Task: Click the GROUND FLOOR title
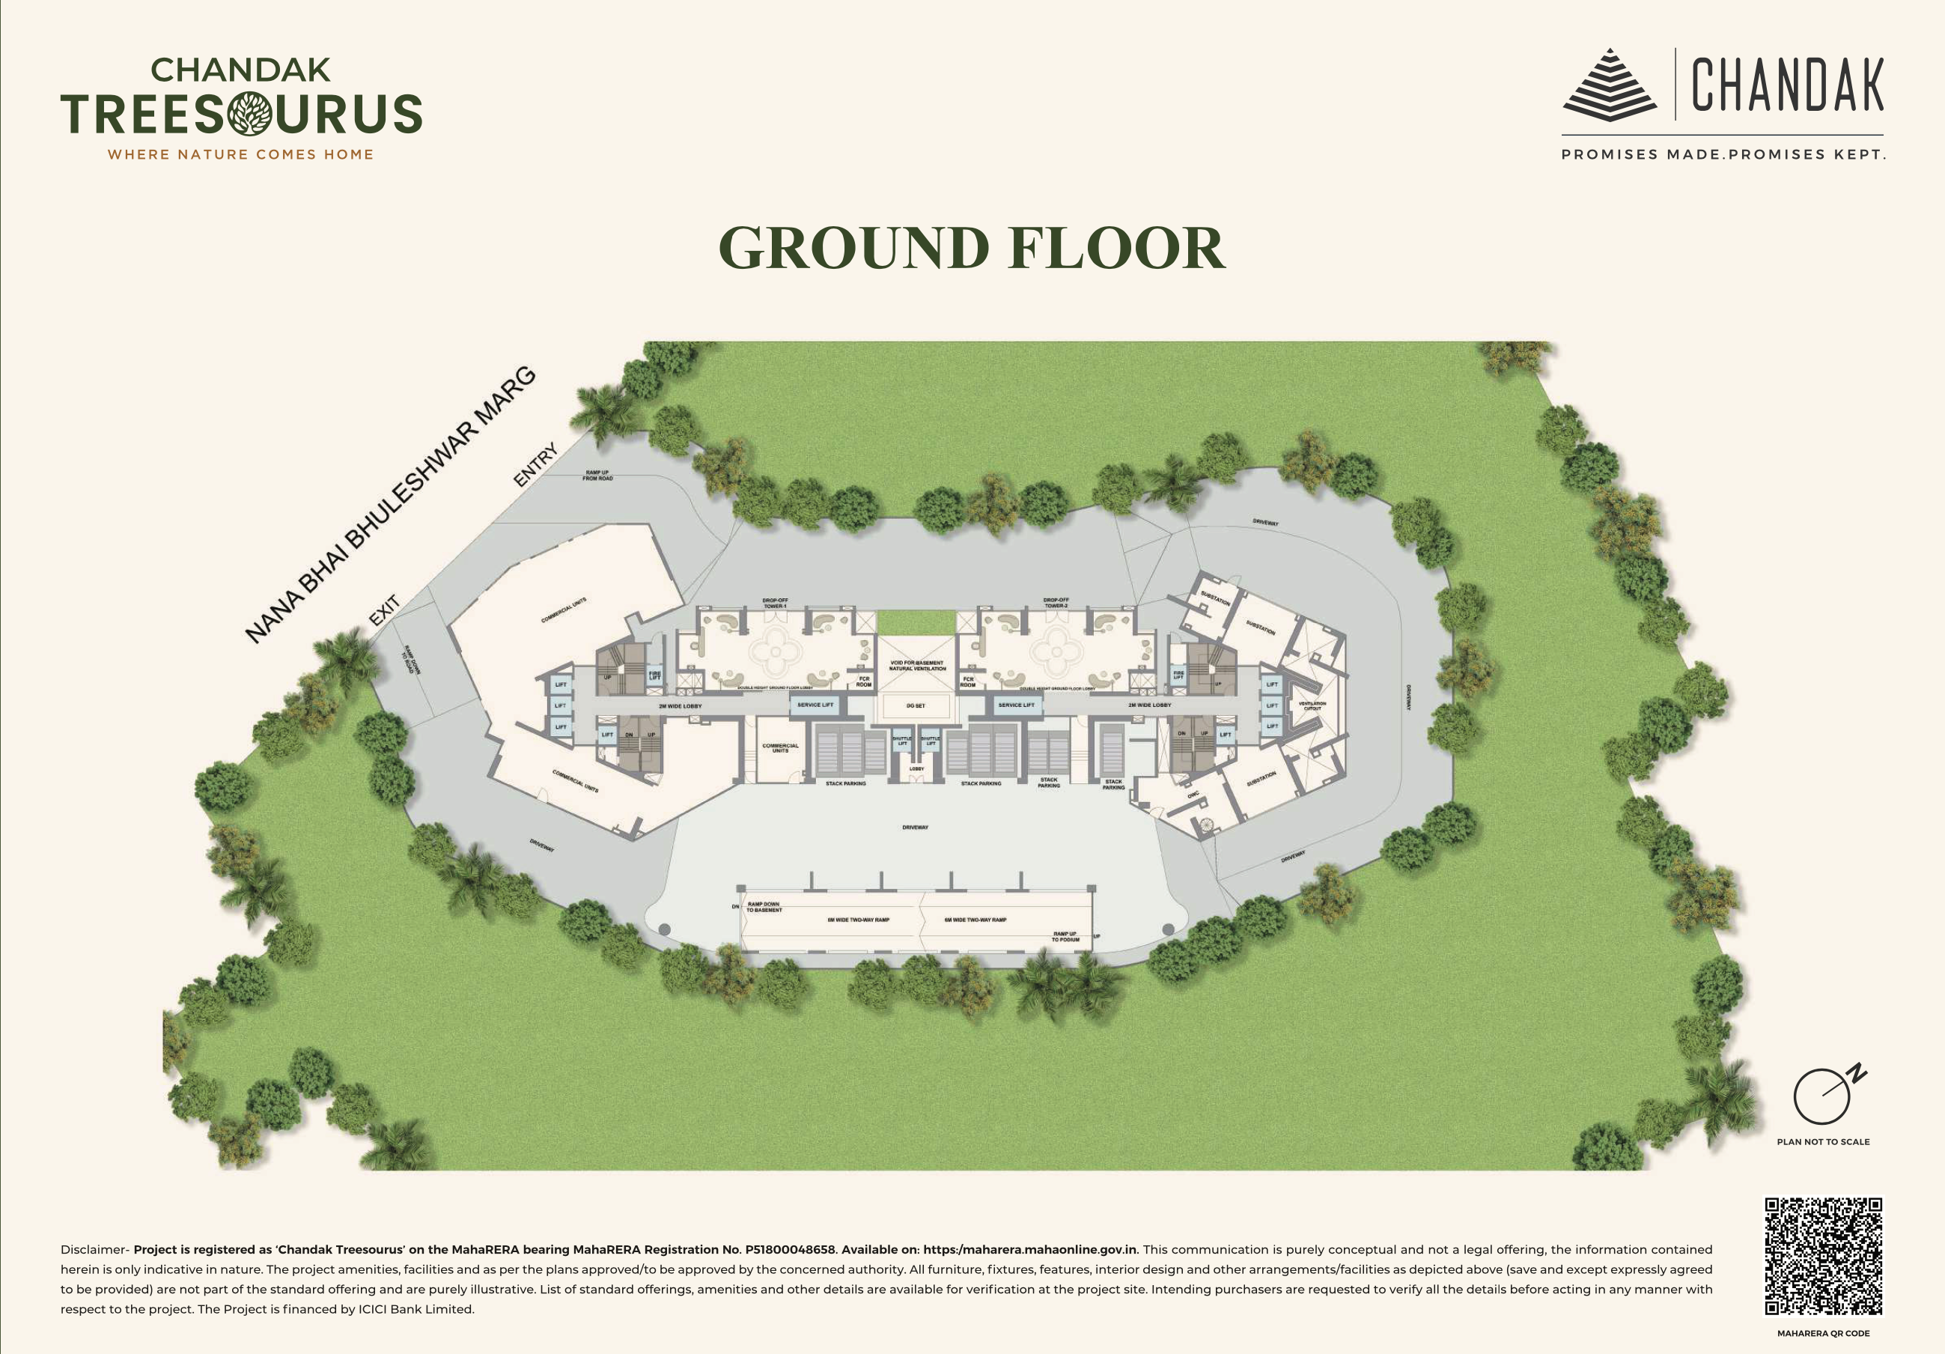pyautogui.click(x=972, y=249)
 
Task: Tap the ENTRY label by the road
pyautogui.click(x=535, y=464)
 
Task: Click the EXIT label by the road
pyautogui.click(x=385, y=610)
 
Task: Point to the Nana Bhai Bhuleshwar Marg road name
pyautogui.click(x=391, y=505)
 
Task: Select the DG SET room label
pyautogui.click(x=916, y=705)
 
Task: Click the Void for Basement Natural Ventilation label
pyautogui.click(x=917, y=666)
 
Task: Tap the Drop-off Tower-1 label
pyautogui.click(x=774, y=602)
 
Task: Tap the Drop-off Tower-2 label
pyautogui.click(x=1056, y=602)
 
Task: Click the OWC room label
pyautogui.click(x=1193, y=795)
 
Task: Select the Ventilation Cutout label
pyautogui.click(x=1312, y=705)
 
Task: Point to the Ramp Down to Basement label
pyautogui.click(x=764, y=907)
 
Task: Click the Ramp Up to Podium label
pyautogui.click(x=1065, y=936)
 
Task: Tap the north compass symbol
pyautogui.click(x=1823, y=1095)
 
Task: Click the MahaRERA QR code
pyautogui.click(x=1823, y=1257)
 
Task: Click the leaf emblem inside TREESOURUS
pyautogui.click(x=250, y=114)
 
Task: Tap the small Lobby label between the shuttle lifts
pyautogui.click(x=916, y=768)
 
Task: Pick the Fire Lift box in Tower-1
pyautogui.click(x=655, y=676)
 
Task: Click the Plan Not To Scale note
pyautogui.click(x=1823, y=1141)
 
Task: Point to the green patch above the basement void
pyautogui.click(x=916, y=623)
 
